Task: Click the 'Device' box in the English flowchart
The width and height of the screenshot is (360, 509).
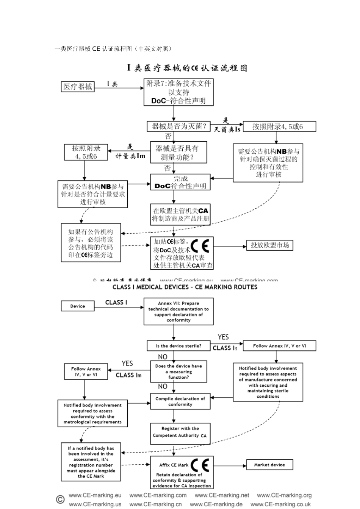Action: point(78,306)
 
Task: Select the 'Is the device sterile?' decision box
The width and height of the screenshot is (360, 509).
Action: point(178,346)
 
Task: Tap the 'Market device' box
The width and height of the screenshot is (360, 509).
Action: point(269,465)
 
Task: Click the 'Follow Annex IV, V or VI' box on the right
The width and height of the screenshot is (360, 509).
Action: point(279,346)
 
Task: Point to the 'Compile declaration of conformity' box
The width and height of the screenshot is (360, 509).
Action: point(180,401)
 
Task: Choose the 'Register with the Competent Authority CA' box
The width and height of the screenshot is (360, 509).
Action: point(180,432)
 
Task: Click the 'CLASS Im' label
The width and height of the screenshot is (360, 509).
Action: point(128,375)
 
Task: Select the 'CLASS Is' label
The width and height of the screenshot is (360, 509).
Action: point(225,348)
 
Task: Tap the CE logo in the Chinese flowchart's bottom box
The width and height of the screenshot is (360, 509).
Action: point(200,246)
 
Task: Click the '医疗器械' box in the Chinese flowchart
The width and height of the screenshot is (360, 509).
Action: point(78,87)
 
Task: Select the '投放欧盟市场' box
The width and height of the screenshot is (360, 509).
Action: point(269,245)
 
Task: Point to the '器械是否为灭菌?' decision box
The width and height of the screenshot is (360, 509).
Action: point(179,126)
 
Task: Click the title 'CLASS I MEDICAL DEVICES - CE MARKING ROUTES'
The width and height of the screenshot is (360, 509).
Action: point(185,287)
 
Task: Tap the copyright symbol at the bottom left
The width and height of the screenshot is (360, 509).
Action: point(60,499)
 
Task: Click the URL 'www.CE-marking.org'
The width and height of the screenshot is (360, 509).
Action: point(284,495)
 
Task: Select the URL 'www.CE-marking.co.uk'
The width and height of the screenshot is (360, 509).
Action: point(280,504)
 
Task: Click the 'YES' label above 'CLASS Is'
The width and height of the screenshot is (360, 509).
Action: point(223,337)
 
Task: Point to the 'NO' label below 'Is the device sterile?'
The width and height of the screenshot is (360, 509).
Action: point(163,357)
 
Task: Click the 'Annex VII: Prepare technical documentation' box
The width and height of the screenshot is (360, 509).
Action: point(178,311)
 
